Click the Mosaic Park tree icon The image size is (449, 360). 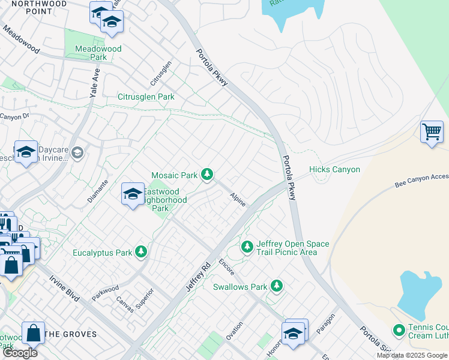coord(207,175)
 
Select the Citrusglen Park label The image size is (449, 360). coord(146,97)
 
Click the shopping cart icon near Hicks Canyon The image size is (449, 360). coord(432,131)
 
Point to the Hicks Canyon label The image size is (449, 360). coord(334,170)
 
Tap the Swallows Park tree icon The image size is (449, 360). coord(277,286)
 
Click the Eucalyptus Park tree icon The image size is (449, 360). coord(141,252)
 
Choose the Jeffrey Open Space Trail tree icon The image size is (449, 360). coord(247,247)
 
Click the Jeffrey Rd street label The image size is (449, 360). coord(199,277)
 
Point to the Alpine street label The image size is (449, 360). coord(238,199)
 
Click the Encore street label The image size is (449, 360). coord(226,266)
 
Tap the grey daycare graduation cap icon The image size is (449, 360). coord(77,154)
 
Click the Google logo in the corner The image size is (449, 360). coord(19,353)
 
